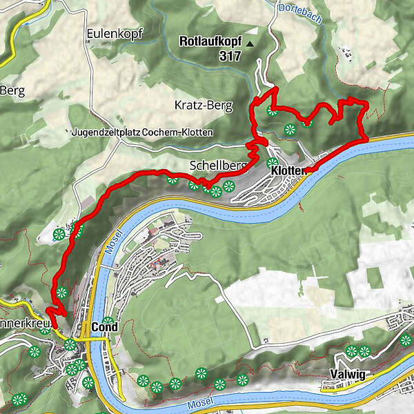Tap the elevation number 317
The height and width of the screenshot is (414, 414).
[230, 56]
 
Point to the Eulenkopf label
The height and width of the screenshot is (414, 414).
[109, 33]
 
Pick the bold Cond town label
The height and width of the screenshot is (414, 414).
[100, 326]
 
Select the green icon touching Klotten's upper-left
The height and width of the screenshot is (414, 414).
[271, 163]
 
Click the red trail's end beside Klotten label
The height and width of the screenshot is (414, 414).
[308, 169]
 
